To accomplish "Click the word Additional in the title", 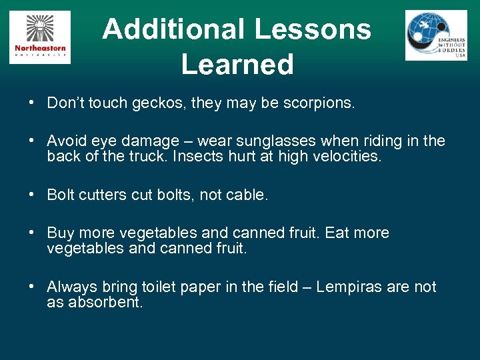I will pyautogui.click(x=172, y=29).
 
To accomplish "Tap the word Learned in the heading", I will pyautogui.click(x=237, y=64).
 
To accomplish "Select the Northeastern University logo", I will pyautogui.click(x=40, y=37).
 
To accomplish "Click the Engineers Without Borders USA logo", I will pyautogui.click(x=436, y=35).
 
